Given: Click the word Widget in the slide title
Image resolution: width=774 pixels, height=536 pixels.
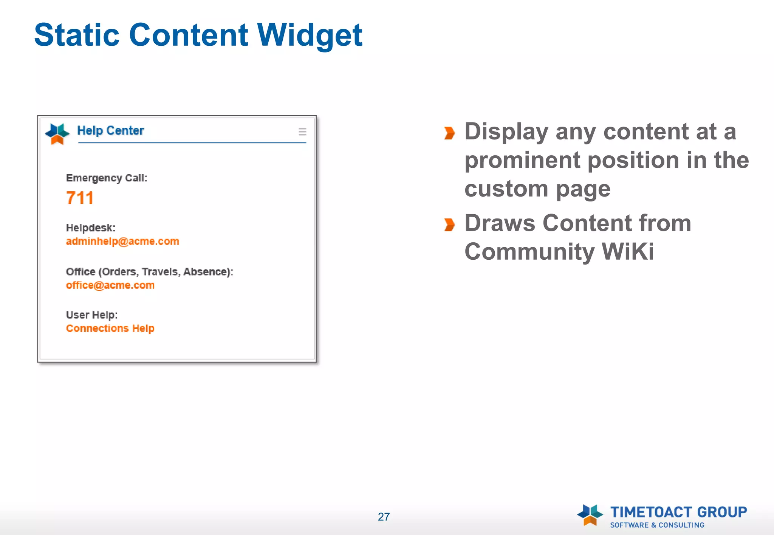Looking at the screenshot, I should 310,35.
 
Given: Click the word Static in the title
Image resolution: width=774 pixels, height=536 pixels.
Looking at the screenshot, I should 77,35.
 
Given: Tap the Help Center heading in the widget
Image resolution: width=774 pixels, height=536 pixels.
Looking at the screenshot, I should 110,130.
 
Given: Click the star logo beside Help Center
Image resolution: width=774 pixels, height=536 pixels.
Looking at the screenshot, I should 57,133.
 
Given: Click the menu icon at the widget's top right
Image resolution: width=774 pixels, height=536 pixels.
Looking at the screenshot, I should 302,132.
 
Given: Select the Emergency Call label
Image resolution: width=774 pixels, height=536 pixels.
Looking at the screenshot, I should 107,178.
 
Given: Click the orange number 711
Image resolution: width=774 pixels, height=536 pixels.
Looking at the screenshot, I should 80,198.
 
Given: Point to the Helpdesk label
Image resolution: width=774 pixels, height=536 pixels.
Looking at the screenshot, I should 91,228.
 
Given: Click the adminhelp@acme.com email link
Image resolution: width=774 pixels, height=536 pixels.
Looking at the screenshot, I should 122,241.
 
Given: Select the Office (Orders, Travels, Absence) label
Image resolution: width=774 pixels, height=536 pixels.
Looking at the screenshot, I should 150,272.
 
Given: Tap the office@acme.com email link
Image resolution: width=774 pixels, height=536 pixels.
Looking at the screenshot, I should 110,285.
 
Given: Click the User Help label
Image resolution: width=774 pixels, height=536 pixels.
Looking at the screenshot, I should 92,315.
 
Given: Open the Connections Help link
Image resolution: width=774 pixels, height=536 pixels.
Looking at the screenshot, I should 110,328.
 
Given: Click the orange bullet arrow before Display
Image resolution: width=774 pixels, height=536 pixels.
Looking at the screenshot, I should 449,133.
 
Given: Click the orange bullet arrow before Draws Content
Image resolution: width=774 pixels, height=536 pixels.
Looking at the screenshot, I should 449,225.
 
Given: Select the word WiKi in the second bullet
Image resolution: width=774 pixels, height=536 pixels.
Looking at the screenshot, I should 627,251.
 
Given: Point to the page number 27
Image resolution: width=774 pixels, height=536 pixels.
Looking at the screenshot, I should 384,517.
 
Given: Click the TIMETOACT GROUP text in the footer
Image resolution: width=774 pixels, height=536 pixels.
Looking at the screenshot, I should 679,512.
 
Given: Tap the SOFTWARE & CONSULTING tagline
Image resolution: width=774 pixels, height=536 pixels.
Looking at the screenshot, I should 657,525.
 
